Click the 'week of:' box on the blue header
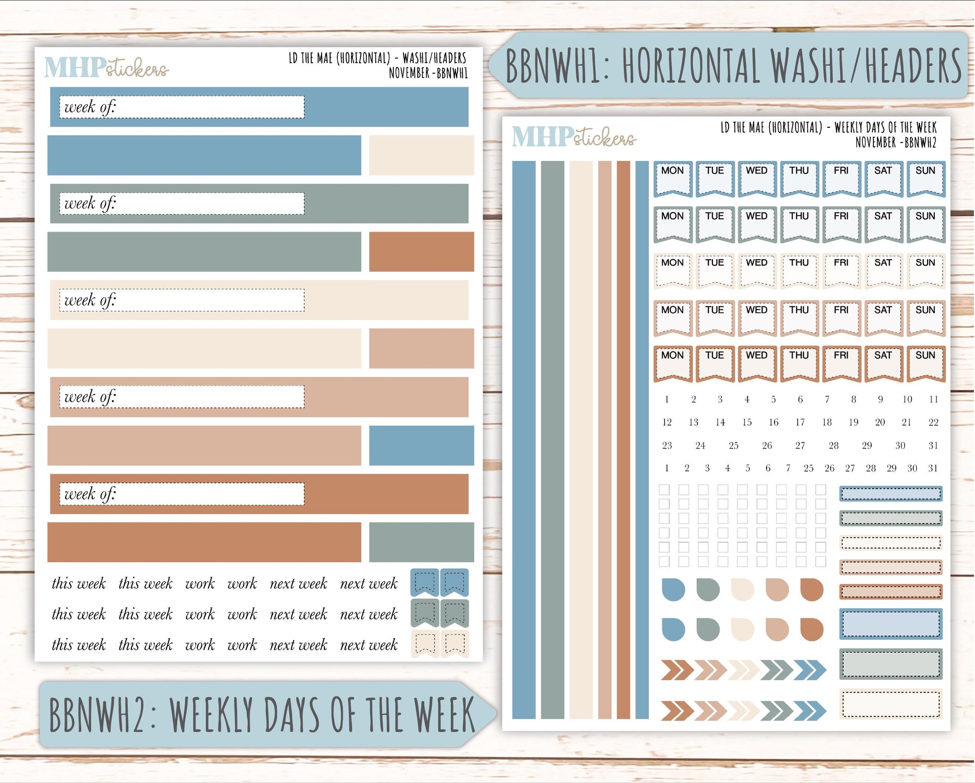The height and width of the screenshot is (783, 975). click(181, 107)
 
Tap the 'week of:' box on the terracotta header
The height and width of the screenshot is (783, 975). click(181, 494)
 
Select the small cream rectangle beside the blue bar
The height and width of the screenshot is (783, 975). click(421, 155)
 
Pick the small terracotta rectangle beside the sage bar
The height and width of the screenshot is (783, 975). click(421, 252)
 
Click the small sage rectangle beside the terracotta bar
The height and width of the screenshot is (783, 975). click(421, 542)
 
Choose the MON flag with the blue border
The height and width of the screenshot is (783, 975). click(672, 178)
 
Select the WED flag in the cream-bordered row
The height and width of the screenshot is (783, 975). click(757, 271)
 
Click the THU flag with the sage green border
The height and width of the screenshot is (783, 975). click(799, 224)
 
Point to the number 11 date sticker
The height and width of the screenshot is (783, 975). click(933, 400)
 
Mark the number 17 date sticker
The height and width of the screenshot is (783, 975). click(800, 423)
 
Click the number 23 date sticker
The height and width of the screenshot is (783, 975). click(667, 446)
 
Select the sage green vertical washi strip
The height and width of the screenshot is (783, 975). click(552, 440)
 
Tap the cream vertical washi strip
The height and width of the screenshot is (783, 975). click(581, 440)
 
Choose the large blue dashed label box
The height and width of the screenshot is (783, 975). click(890, 624)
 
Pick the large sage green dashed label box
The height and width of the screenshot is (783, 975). click(890, 664)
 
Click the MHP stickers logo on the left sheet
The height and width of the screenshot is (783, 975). click(106, 67)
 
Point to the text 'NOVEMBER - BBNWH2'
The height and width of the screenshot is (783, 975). click(895, 143)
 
